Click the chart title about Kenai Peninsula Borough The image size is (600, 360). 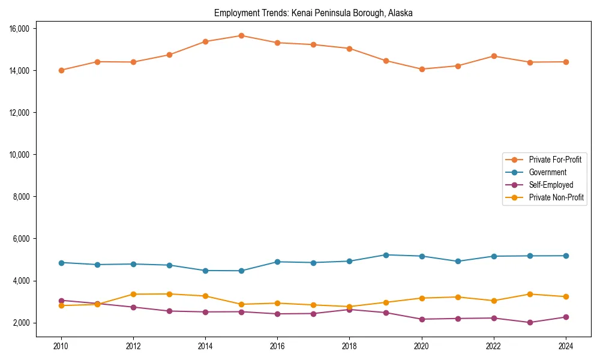tap(313, 13)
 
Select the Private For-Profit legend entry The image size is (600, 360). tap(554, 160)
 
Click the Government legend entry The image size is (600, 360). tap(547, 172)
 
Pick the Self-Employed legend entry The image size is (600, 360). tap(551, 185)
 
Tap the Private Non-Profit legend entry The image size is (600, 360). tap(556, 197)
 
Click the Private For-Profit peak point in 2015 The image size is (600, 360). tap(241, 35)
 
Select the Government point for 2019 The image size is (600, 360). tap(386, 255)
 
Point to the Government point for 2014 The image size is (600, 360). tap(205, 271)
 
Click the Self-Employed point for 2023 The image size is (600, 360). tap(530, 322)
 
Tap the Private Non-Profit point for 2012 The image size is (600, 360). tap(133, 294)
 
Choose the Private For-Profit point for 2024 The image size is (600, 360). tap(566, 62)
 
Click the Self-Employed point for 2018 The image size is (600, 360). tap(350, 310)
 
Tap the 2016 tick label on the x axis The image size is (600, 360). tap(277, 346)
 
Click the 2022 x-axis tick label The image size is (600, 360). tap(494, 346)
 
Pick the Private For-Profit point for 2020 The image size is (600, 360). tap(422, 69)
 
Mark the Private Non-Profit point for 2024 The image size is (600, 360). tap(566, 296)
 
